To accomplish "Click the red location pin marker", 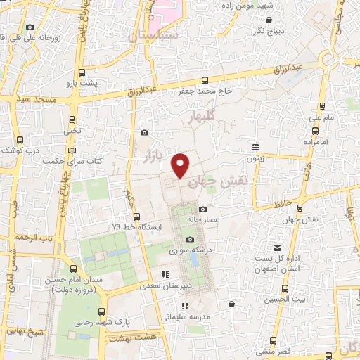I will coord(181,166).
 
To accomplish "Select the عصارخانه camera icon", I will coord(203,209).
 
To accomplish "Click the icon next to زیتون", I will coord(256,146).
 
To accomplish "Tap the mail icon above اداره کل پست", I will coord(278,248).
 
